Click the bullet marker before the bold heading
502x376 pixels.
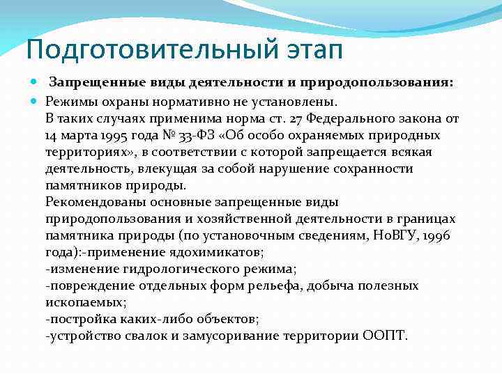(x=36, y=83)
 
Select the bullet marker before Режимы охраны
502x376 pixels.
(x=36, y=101)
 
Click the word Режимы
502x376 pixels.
(x=70, y=101)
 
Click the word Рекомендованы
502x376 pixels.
(x=91, y=202)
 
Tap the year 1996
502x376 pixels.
(x=437, y=235)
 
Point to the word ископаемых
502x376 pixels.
(x=85, y=302)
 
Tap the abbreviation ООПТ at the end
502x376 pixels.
(x=382, y=336)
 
